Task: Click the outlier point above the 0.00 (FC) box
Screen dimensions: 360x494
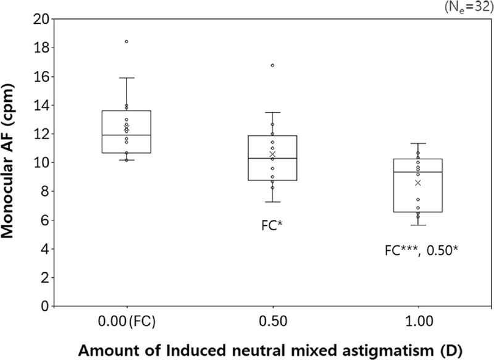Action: coord(127,41)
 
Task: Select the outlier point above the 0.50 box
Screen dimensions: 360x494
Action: coord(272,65)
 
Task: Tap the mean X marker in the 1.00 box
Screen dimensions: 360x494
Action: coord(418,183)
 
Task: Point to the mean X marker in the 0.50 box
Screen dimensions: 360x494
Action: coord(272,154)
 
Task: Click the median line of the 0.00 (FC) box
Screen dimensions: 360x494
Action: coord(127,135)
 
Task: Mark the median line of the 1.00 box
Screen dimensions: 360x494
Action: coord(418,172)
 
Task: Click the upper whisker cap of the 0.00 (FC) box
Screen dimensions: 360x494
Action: coord(127,78)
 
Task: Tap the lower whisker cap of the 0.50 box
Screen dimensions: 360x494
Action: coord(272,202)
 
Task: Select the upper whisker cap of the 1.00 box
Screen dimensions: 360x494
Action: coord(418,143)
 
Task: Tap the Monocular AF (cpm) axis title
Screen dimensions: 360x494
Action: coord(13,163)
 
